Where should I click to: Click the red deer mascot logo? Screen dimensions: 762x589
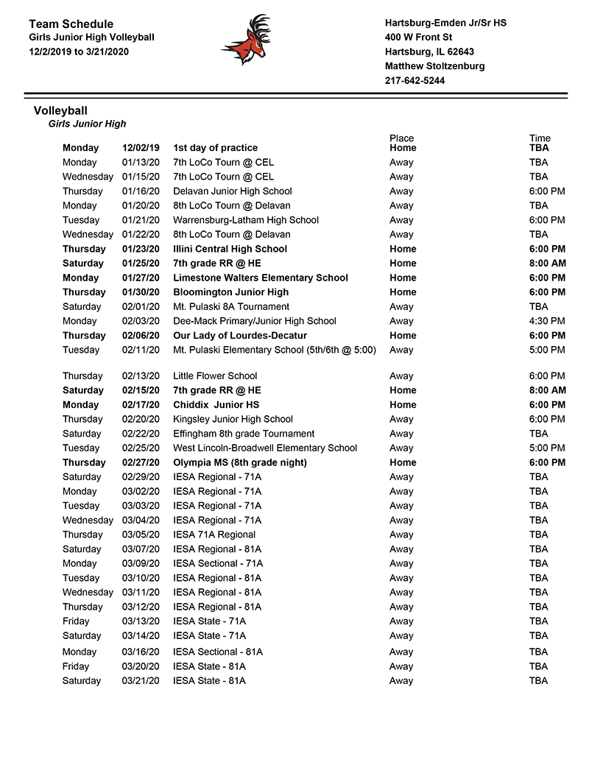246,40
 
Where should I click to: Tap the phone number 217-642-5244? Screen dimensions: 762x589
415,81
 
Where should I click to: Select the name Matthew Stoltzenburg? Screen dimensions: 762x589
434,66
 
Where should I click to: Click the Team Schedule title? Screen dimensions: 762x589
71,24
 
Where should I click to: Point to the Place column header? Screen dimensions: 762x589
401,138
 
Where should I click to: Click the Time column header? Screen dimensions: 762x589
540,138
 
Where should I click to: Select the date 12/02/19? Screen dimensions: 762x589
141,148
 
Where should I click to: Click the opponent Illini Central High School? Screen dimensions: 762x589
230,249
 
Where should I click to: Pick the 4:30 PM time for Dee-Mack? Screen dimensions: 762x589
547,321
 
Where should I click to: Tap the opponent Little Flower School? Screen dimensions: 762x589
215,376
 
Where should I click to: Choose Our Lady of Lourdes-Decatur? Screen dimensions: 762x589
240,336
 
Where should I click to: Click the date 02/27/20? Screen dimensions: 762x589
141,463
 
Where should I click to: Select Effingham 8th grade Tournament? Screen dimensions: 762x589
244,434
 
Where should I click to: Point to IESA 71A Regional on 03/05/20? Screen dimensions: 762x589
214,535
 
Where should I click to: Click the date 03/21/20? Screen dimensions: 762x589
141,681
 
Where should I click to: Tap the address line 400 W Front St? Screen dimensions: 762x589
418,38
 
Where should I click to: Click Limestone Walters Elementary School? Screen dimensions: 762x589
261,278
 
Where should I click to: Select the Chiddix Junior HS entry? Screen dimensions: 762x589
216,405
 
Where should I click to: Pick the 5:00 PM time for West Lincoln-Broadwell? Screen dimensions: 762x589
547,448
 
